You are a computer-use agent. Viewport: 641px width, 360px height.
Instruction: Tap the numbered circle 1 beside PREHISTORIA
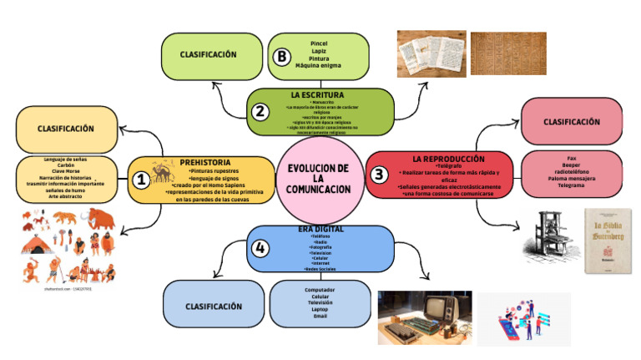141,179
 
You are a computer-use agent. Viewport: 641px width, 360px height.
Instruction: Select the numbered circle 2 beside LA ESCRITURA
260,111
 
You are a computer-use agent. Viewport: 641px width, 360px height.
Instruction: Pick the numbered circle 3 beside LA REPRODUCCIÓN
379,175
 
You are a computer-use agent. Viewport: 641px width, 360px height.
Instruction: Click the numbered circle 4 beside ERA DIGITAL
261,248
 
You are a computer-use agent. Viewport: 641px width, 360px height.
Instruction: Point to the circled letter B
281,57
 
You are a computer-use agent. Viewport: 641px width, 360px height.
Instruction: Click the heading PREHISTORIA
205,162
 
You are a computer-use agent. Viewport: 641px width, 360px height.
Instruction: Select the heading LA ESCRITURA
317,95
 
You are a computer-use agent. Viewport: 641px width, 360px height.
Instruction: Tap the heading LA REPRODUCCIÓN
447,158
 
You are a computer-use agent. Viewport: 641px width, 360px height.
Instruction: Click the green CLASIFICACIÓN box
209,54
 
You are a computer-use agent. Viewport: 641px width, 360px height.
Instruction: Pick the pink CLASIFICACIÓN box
571,121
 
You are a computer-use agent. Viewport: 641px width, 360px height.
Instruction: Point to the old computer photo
424,317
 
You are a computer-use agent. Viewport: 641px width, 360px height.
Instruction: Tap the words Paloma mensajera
571,177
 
